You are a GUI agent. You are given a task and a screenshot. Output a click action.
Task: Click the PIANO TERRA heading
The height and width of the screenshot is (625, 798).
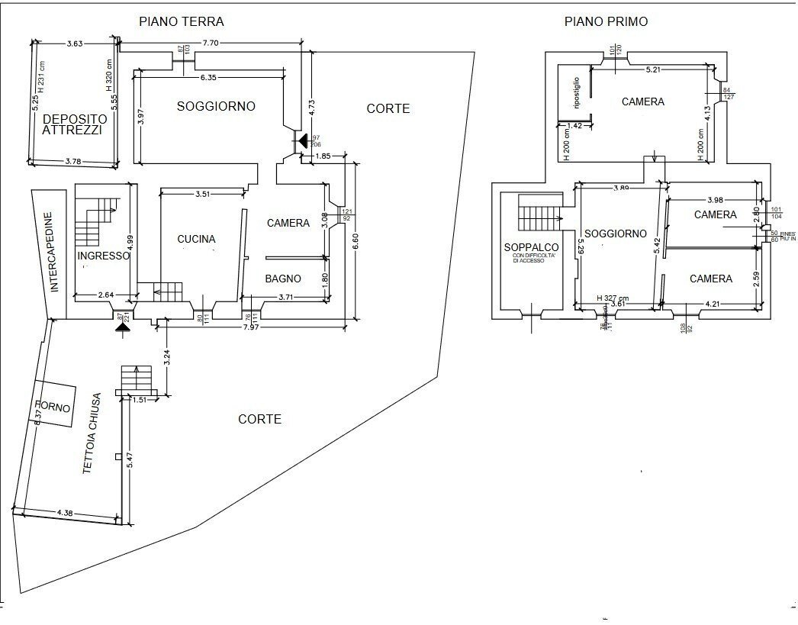coord(181,21)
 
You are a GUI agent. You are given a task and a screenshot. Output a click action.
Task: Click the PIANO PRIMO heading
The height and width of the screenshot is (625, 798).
coord(606,21)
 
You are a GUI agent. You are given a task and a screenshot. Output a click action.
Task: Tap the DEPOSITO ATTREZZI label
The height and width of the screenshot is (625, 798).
coord(72,124)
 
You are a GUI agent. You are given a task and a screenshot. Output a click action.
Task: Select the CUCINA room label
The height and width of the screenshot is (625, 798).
coord(196,239)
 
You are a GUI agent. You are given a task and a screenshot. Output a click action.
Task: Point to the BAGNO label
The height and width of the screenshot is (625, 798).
coord(283,279)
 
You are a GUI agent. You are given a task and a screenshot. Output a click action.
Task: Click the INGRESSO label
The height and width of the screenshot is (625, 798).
coord(103,256)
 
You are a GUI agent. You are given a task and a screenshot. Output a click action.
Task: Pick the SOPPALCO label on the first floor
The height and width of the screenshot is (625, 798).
coord(531,247)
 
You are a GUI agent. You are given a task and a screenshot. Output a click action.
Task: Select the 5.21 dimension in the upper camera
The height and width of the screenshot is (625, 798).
coord(652,69)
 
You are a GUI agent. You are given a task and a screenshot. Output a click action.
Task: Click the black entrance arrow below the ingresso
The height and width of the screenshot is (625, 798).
coord(121,327)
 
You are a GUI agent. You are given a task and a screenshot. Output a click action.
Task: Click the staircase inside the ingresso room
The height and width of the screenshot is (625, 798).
coord(97,216)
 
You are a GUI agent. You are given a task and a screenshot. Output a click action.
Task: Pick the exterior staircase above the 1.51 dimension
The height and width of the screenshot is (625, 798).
coord(137,378)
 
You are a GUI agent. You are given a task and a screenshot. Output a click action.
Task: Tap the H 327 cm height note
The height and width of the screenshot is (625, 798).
coord(613,298)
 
